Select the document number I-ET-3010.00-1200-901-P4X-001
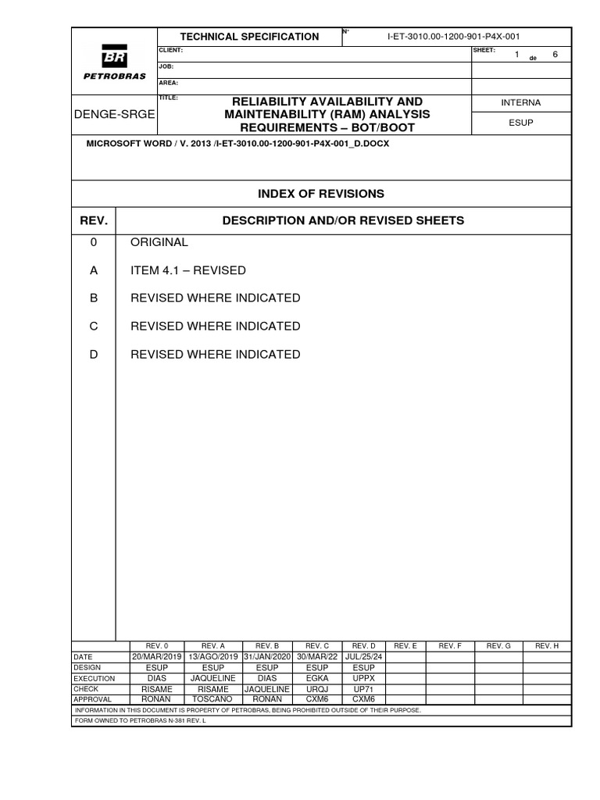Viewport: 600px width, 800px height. [448, 37]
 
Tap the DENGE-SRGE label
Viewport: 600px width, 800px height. [114, 114]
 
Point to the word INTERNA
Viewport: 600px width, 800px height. [520, 102]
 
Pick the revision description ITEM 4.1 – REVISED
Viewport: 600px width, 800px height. [187, 270]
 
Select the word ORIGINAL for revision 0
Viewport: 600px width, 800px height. [159, 242]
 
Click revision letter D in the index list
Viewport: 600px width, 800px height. [94, 354]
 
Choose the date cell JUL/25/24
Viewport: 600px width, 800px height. [364, 657]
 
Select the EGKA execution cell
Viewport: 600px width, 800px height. [317, 678]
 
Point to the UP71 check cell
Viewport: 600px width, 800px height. [364, 689]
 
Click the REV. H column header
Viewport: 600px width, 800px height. [547, 646]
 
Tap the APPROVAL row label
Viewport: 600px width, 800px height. [92, 699]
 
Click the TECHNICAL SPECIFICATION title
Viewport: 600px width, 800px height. [249, 37]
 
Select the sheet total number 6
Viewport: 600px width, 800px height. [555, 55]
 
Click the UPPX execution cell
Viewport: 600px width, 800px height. [364, 678]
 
